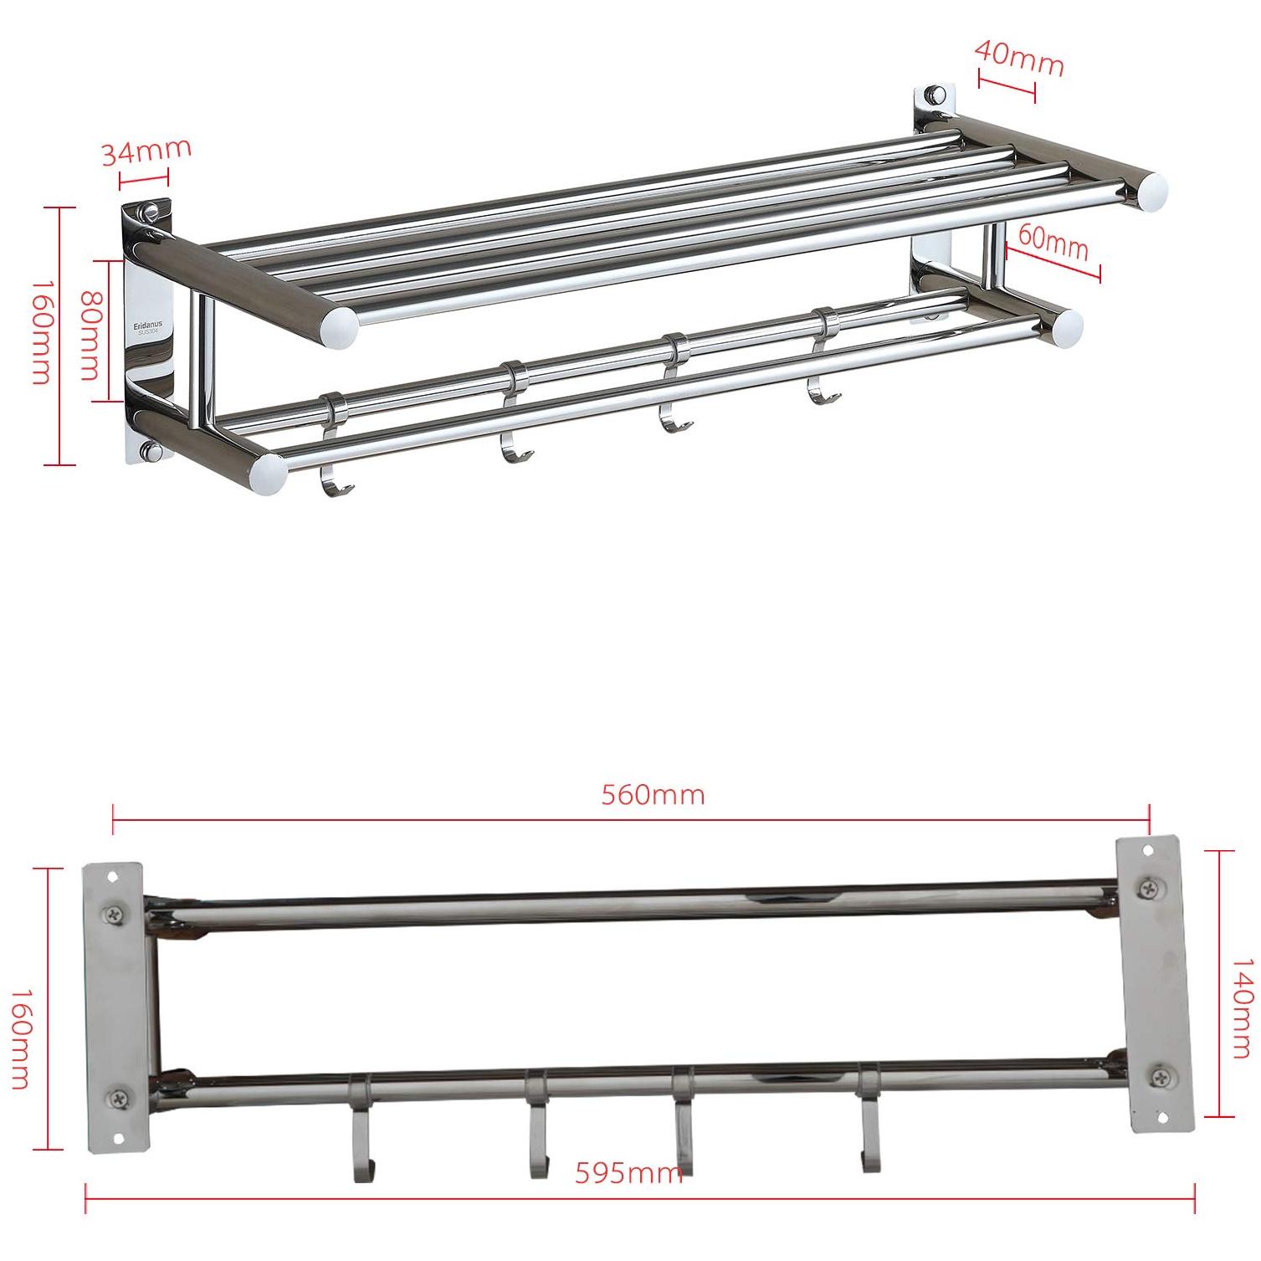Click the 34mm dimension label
146,151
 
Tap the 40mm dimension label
1019,56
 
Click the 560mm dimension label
654,793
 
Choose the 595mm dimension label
628,1173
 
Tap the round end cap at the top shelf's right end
1152,190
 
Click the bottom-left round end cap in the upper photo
268,474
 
